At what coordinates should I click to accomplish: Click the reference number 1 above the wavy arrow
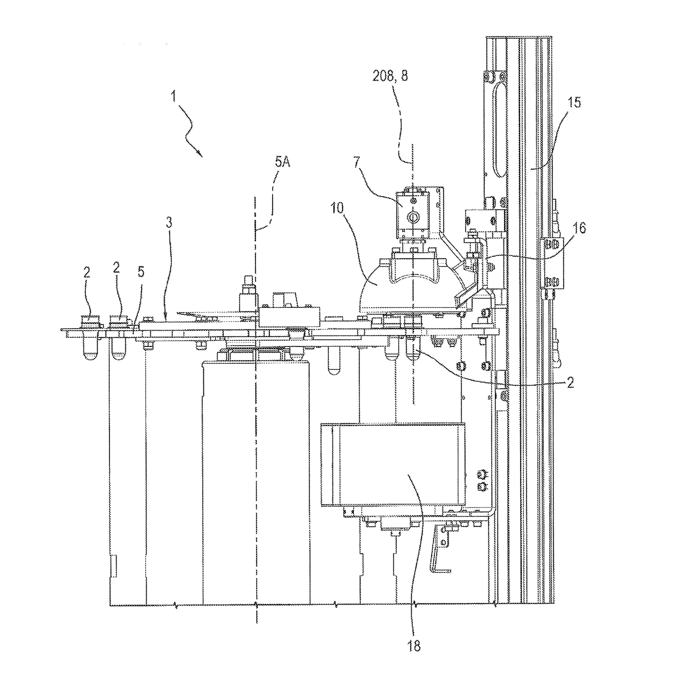(x=174, y=96)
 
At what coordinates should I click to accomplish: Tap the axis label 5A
(x=282, y=162)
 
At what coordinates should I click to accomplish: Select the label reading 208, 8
(x=390, y=76)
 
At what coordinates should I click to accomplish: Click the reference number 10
(x=337, y=208)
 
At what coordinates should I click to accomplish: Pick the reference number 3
(x=169, y=222)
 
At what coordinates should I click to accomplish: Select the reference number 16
(x=580, y=228)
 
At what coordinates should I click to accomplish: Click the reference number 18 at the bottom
(x=414, y=646)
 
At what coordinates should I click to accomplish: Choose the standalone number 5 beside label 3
(x=141, y=272)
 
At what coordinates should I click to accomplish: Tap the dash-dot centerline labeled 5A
(x=255, y=440)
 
